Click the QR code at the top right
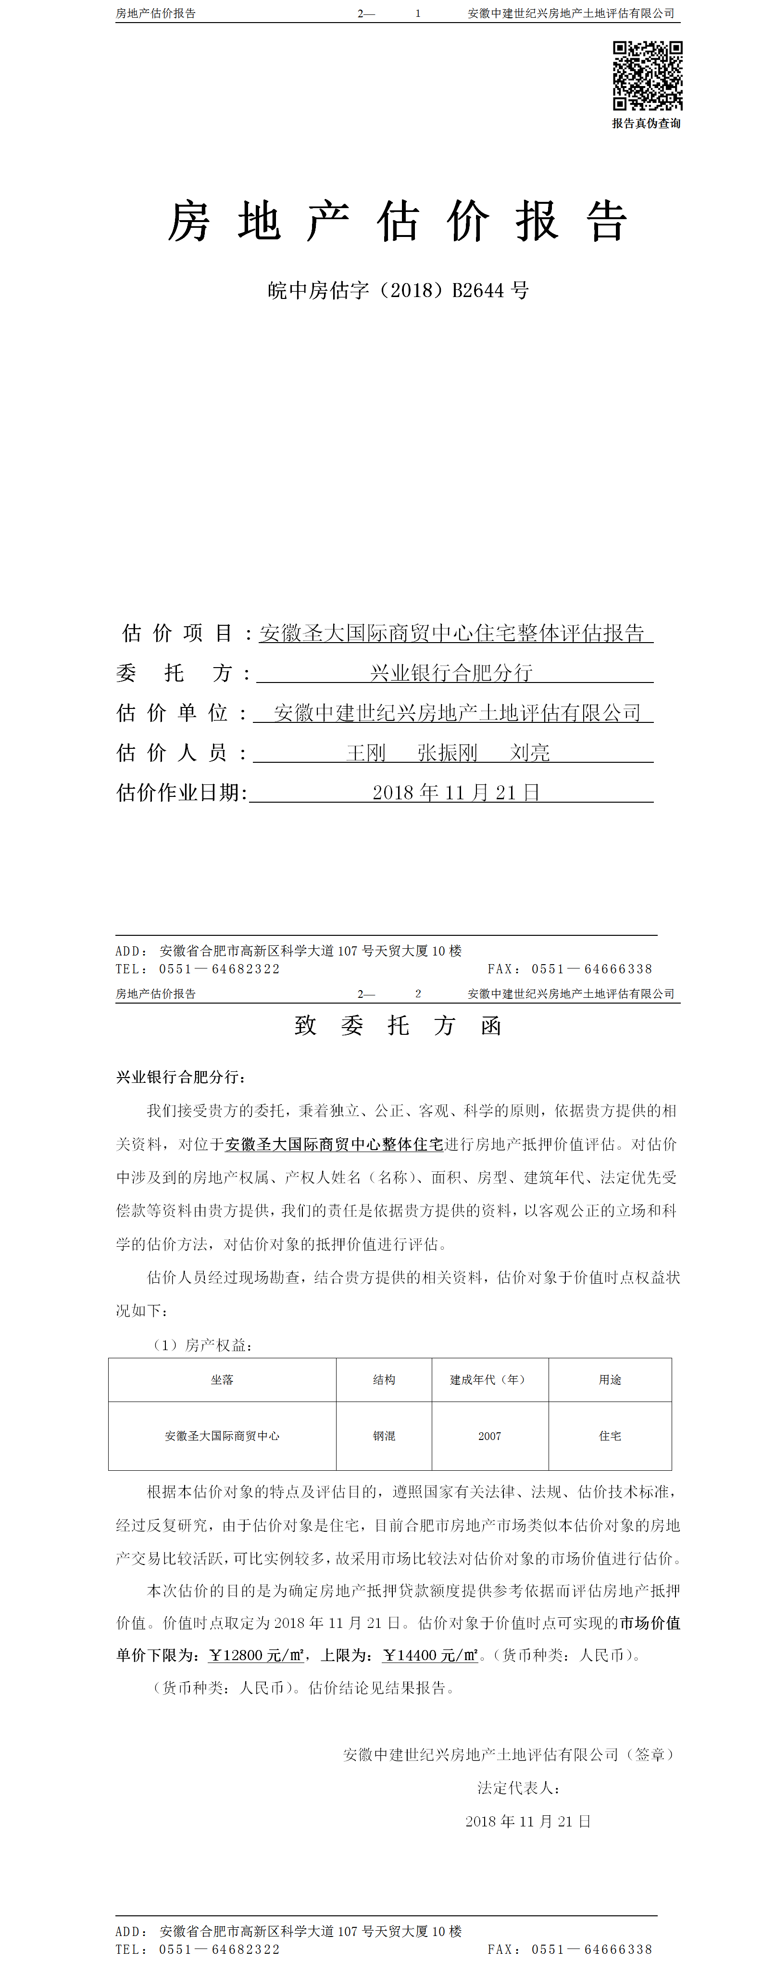pos(647,75)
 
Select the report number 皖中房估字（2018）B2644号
pos(398,290)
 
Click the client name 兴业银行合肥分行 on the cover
pos(451,673)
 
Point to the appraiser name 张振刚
pos(447,753)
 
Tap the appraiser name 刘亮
pos(529,753)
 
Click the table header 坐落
pos(222,1379)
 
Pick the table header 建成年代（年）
pos(489,1379)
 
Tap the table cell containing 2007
pos(489,1436)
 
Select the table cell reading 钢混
pos(384,1436)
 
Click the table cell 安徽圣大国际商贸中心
pos(222,1436)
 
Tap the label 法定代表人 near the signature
pos(519,1788)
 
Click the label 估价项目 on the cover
pos(176,633)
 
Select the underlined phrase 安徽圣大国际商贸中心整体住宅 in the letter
pos(334,1144)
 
